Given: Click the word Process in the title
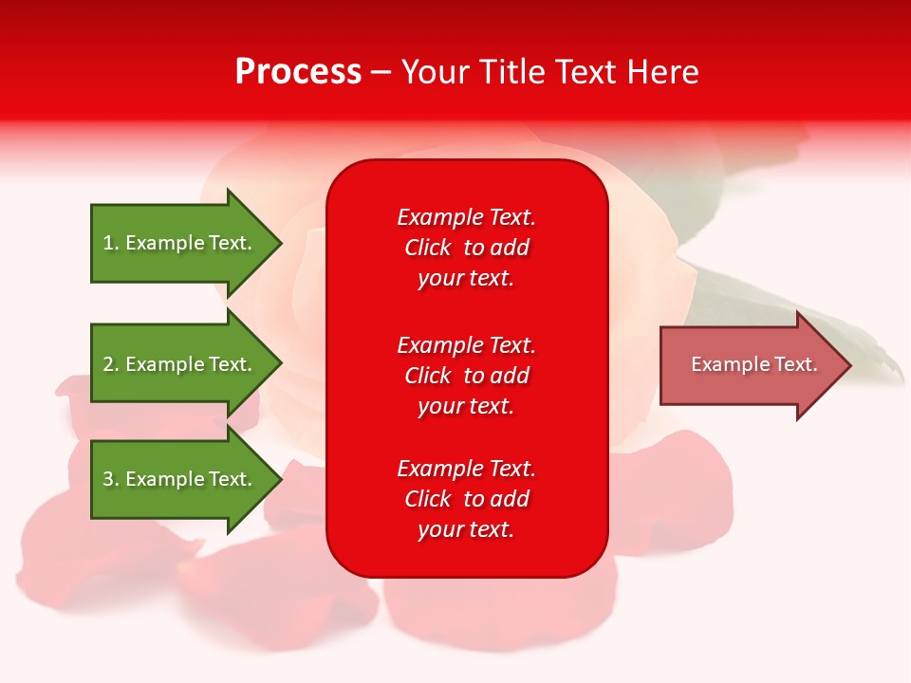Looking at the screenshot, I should click(x=298, y=72).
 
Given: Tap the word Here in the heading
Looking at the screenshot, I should click(x=662, y=72).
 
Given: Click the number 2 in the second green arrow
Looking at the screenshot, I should click(x=108, y=364).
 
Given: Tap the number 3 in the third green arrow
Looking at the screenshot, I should click(x=108, y=479).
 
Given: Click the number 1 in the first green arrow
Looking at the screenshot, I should click(x=108, y=243).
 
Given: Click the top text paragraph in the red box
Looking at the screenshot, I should click(x=466, y=248).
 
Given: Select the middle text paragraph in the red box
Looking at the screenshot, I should click(x=466, y=376).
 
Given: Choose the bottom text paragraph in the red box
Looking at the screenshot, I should click(x=466, y=499).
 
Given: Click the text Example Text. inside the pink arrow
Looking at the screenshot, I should click(x=754, y=364).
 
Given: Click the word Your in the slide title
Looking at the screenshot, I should click(x=437, y=72).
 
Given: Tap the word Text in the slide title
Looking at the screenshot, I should click(x=587, y=72).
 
